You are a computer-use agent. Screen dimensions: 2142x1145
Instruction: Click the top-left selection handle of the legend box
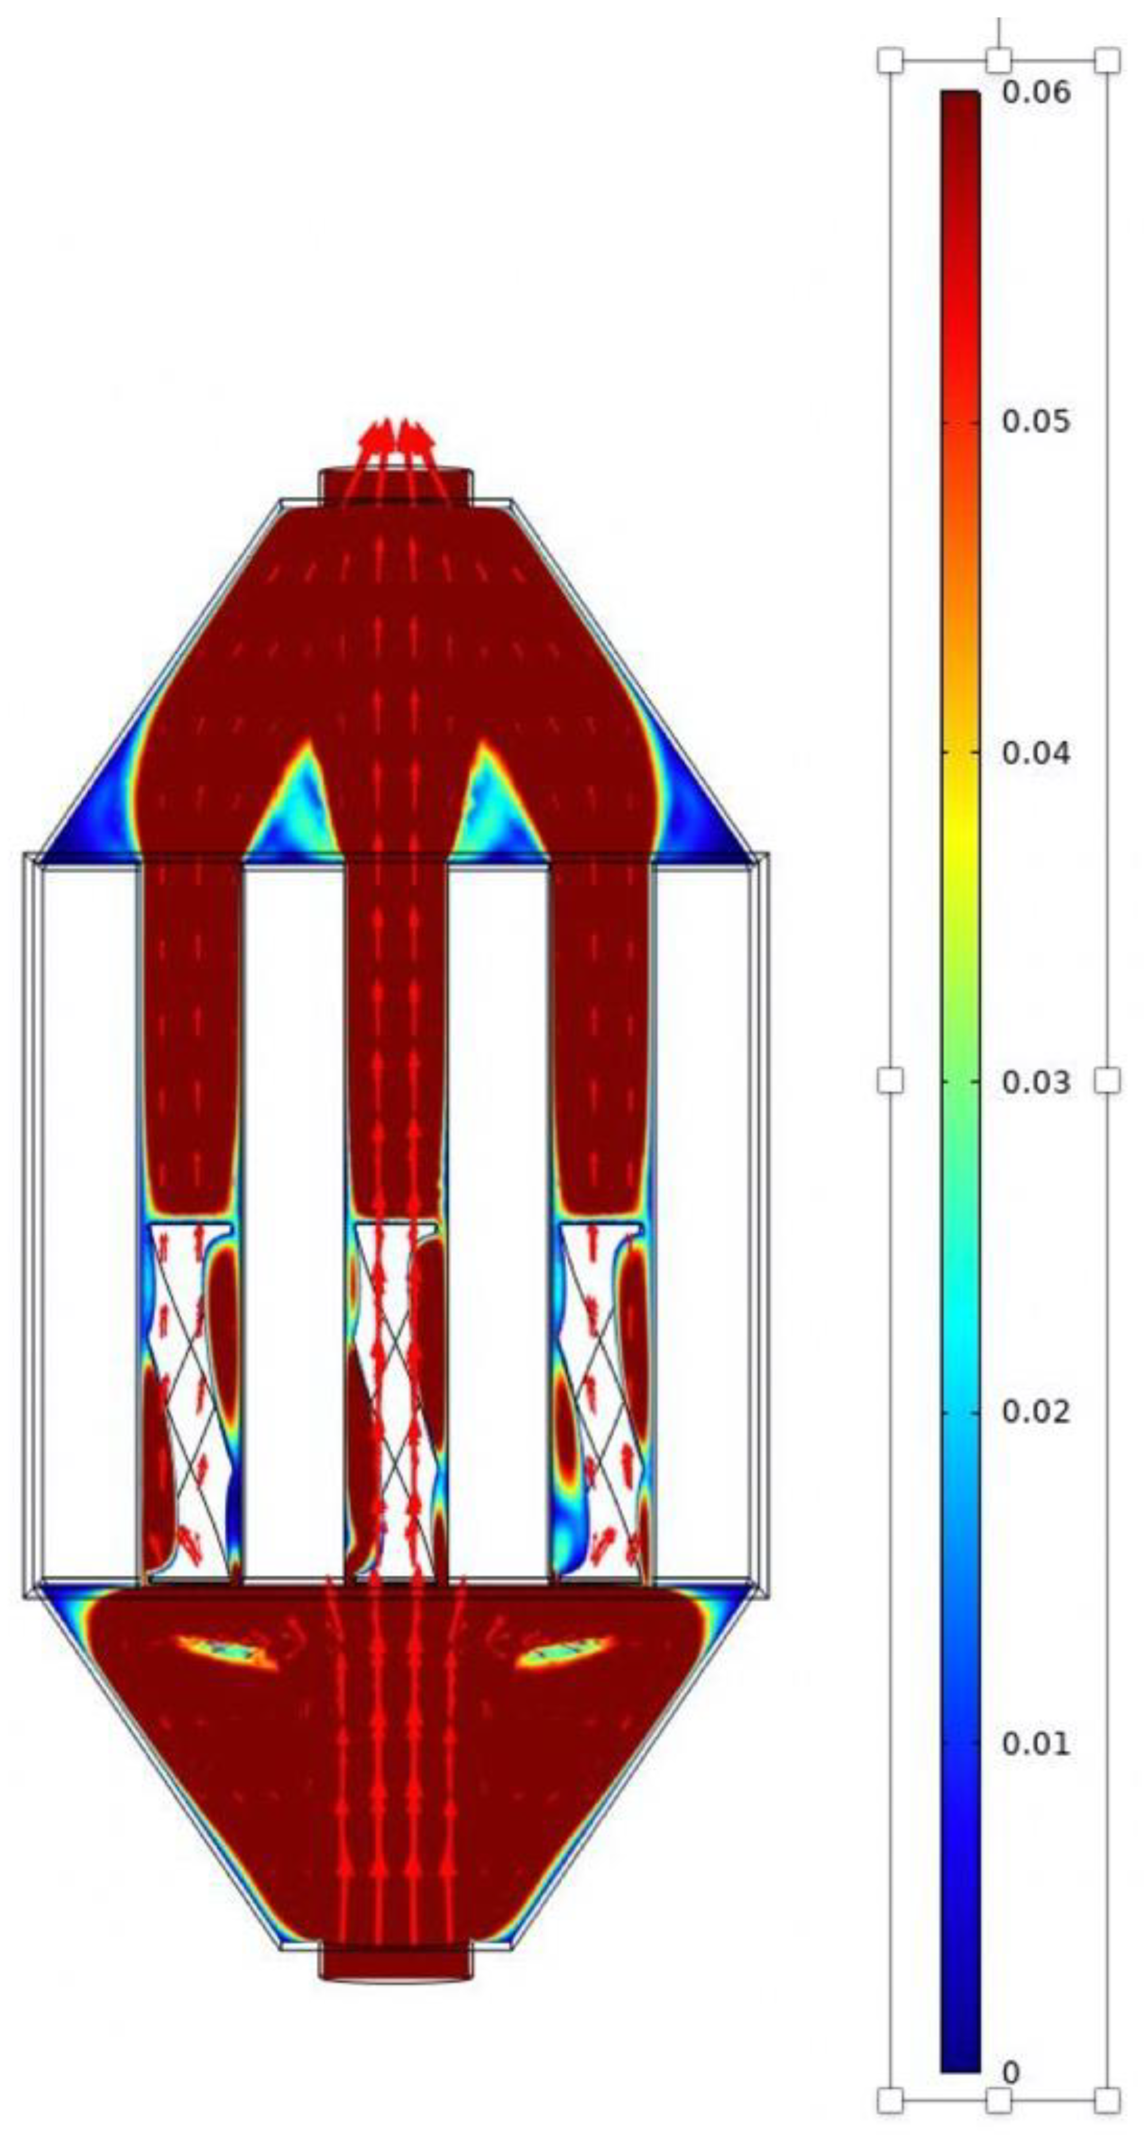[x=890, y=60]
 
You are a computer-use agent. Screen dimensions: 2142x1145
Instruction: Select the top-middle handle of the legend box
[x=999, y=60]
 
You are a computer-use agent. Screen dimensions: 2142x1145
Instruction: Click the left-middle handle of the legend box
[x=890, y=1080]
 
